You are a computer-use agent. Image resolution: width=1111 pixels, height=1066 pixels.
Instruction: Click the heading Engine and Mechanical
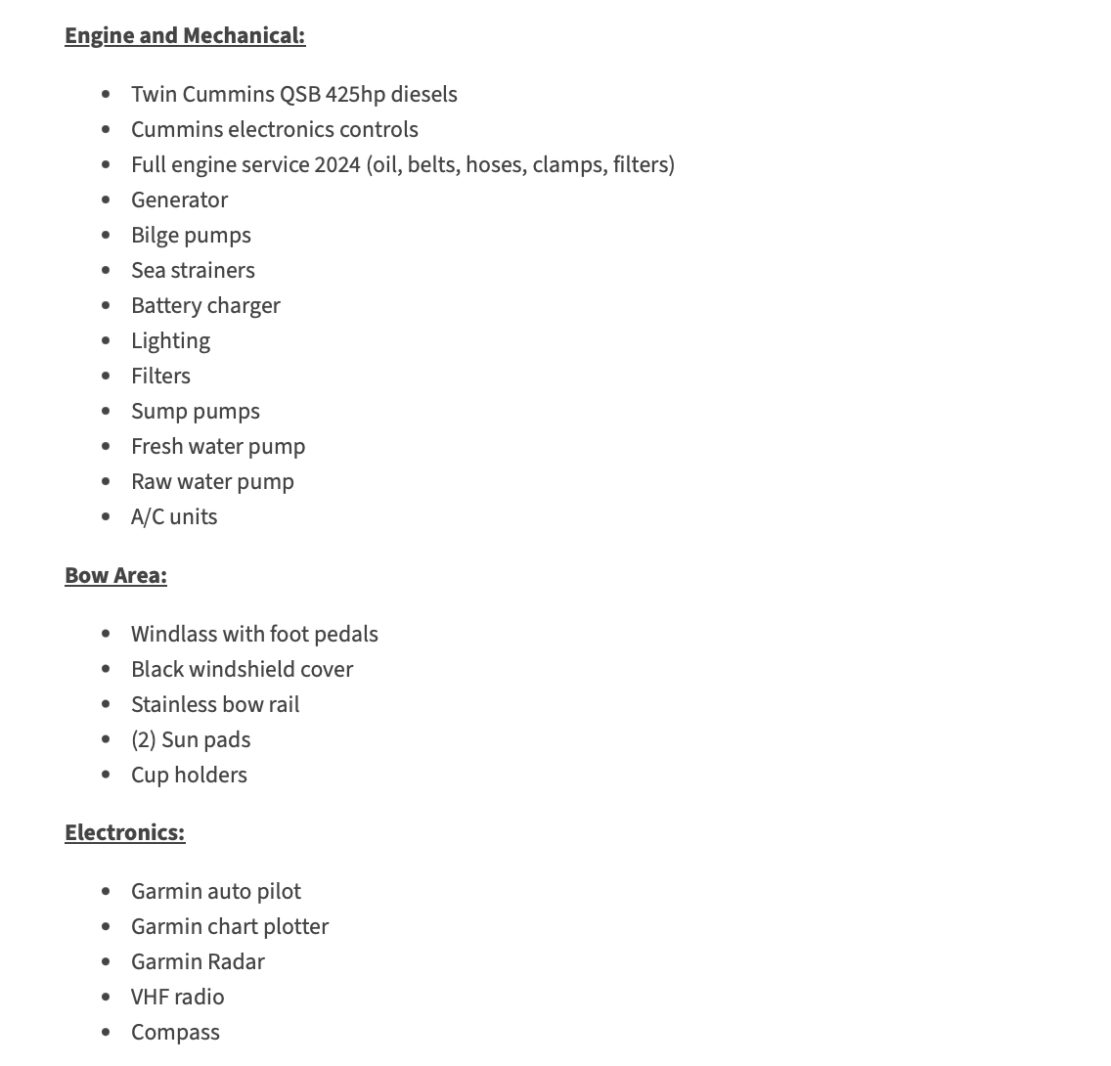click(x=185, y=36)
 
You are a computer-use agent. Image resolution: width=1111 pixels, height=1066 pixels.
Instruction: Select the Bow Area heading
click(x=115, y=576)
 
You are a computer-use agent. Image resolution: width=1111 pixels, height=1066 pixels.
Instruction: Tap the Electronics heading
click(x=124, y=833)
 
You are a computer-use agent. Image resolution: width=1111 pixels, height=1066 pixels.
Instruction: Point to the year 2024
click(x=337, y=165)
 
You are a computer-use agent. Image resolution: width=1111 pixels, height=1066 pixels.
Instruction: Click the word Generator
click(x=179, y=200)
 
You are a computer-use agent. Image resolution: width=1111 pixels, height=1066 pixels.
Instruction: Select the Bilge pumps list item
click(x=191, y=236)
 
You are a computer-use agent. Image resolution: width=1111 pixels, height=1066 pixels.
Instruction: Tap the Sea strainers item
click(x=193, y=271)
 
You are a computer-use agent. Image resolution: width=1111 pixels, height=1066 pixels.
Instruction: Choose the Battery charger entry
click(x=205, y=306)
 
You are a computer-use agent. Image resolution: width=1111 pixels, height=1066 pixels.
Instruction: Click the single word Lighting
click(x=170, y=341)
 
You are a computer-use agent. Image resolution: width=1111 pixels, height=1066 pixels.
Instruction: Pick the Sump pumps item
click(x=196, y=412)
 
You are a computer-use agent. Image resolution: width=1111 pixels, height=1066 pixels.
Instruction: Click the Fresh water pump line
click(x=218, y=447)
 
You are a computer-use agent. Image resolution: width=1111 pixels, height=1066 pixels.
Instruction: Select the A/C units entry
click(x=174, y=517)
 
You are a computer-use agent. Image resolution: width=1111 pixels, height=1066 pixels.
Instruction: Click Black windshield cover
click(x=242, y=670)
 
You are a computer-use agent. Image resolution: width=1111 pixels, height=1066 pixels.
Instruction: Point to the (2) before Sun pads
click(x=143, y=740)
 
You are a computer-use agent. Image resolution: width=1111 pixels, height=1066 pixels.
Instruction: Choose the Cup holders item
click(x=189, y=776)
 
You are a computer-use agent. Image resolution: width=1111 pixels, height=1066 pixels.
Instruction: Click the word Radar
click(x=236, y=962)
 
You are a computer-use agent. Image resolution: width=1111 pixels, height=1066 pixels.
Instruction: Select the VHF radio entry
click(x=177, y=998)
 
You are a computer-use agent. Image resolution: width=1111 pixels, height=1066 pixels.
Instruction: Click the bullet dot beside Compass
click(x=106, y=1033)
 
